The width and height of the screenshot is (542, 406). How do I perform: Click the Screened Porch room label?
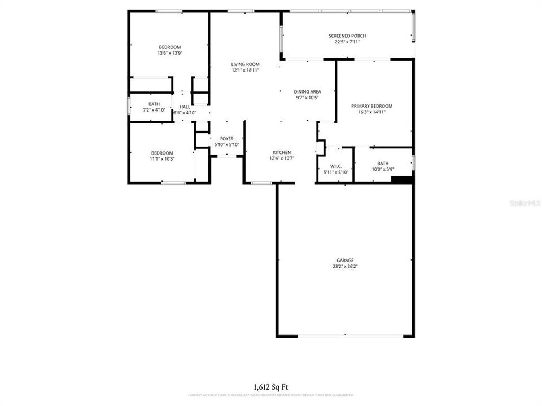pos(347,36)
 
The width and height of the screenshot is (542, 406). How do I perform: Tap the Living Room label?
pos(245,64)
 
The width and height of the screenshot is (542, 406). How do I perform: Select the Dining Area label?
pos(307,91)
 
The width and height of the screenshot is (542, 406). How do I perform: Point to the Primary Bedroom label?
pos(371,106)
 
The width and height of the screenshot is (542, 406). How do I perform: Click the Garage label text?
pos(346,261)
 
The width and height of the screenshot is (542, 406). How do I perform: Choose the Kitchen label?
pos(282,152)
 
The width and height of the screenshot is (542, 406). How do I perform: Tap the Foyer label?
pos(226,139)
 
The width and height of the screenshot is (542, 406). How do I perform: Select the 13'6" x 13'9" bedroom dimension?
pos(169,53)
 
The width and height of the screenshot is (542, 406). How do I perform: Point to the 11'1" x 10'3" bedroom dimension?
pos(161,159)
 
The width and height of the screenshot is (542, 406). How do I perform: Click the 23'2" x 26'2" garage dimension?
pos(346,267)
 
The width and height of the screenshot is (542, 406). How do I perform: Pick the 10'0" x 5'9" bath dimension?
pos(383,169)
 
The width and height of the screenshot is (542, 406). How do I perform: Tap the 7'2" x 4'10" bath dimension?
pos(154,110)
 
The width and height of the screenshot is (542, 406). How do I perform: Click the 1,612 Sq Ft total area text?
pos(271,387)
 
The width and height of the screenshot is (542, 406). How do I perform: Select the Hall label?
pos(185,107)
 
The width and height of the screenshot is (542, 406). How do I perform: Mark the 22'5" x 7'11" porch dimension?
pos(347,42)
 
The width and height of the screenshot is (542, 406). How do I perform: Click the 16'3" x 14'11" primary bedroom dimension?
pos(371,112)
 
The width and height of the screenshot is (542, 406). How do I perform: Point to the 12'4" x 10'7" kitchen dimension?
pos(282,158)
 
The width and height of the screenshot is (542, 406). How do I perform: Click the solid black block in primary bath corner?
pos(402,180)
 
